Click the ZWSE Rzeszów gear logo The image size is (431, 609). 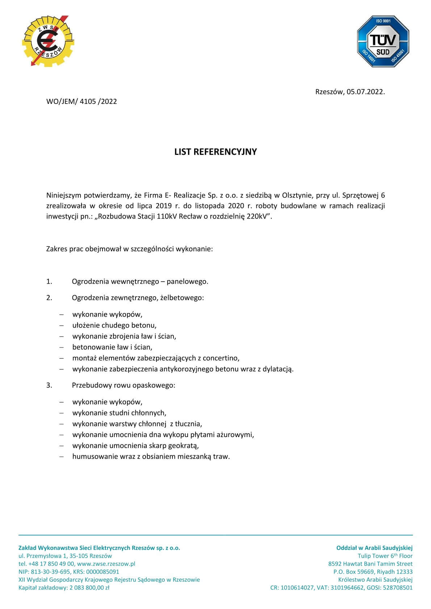pos(48,41)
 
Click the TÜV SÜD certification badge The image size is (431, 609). pos(383,41)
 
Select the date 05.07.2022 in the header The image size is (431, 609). pos(365,92)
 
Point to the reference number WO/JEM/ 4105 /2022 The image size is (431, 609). pos(81,101)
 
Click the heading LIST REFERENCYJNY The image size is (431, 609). pos(215,152)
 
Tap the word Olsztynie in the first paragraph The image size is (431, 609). pos(297,195)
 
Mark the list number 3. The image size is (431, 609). pos(49,385)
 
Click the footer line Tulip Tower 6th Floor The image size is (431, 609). pos(385,556)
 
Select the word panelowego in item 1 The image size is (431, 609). pos(187,282)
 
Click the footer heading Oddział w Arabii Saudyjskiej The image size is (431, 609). pos(374,548)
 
